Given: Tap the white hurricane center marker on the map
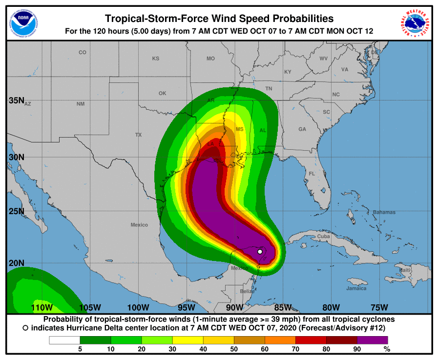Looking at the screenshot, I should coord(260,252).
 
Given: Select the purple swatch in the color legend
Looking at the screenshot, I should coord(372,340).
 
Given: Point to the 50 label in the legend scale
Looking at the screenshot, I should coord(234,349).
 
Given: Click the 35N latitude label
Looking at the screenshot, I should coord(17,100).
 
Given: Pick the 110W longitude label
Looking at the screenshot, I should coord(42,307).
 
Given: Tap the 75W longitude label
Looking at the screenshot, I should coord(379,307).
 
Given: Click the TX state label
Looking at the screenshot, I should coord(138,135).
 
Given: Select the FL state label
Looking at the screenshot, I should coord(312,174).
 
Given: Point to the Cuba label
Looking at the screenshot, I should coord(324,236).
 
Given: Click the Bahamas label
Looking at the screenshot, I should coord(384,212).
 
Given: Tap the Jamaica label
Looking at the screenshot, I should coord(356,288).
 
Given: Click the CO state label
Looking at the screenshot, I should coord(83,52).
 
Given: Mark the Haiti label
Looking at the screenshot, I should coord(405,270).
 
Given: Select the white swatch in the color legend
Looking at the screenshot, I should coord(64,340).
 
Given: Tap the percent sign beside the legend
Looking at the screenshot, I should coord(387,349).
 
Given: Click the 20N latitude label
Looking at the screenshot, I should coord(17,263).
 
